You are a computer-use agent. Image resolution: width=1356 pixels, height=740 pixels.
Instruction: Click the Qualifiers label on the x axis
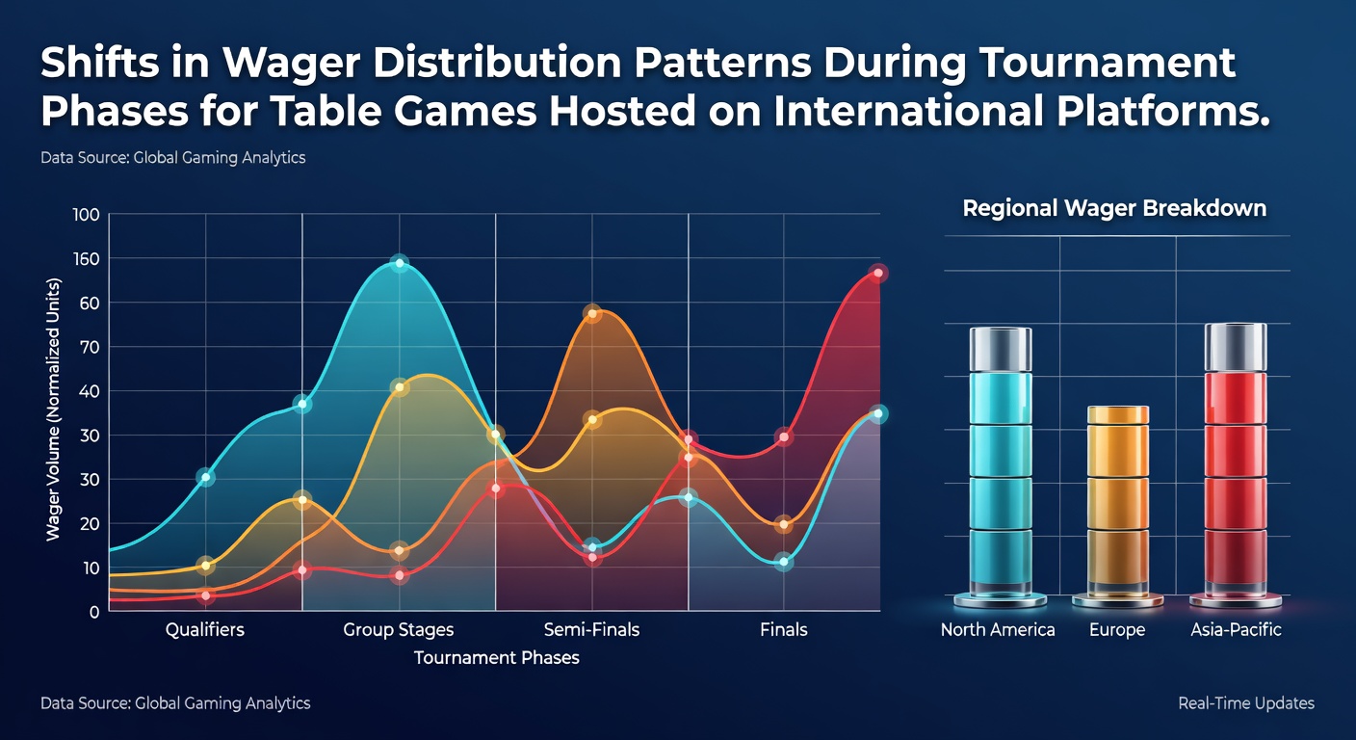[204, 630]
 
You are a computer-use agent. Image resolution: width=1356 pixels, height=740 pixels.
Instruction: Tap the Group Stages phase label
[399, 630]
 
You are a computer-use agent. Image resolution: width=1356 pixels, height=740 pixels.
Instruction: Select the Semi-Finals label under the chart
[591, 630]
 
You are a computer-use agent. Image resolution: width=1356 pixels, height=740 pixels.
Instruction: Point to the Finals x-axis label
[783, 630]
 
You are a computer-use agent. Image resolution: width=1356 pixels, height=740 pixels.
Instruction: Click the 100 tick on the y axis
[86, 215]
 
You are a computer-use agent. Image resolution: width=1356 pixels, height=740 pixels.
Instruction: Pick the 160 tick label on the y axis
[86, 259]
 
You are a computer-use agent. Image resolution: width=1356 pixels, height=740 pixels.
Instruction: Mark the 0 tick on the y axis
[93, 612]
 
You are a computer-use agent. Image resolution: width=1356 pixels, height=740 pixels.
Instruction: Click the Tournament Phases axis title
[496, 658]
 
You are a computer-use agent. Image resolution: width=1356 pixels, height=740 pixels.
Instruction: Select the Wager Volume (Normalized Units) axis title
[54, 410]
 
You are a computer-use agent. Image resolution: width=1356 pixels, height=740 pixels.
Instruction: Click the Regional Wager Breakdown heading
[1114, 208]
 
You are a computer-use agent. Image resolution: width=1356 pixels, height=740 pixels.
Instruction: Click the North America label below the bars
[998, 630]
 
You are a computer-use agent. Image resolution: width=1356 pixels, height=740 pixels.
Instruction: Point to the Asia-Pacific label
[1236, 630]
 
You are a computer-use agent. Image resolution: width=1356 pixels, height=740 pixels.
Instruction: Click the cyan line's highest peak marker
[399, 263]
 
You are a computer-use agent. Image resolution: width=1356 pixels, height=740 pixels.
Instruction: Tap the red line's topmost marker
[877, 273]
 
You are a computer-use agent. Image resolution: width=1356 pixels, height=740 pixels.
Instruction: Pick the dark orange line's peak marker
[592, 314]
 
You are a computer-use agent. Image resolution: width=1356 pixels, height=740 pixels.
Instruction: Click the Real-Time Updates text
[1246, 703]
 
